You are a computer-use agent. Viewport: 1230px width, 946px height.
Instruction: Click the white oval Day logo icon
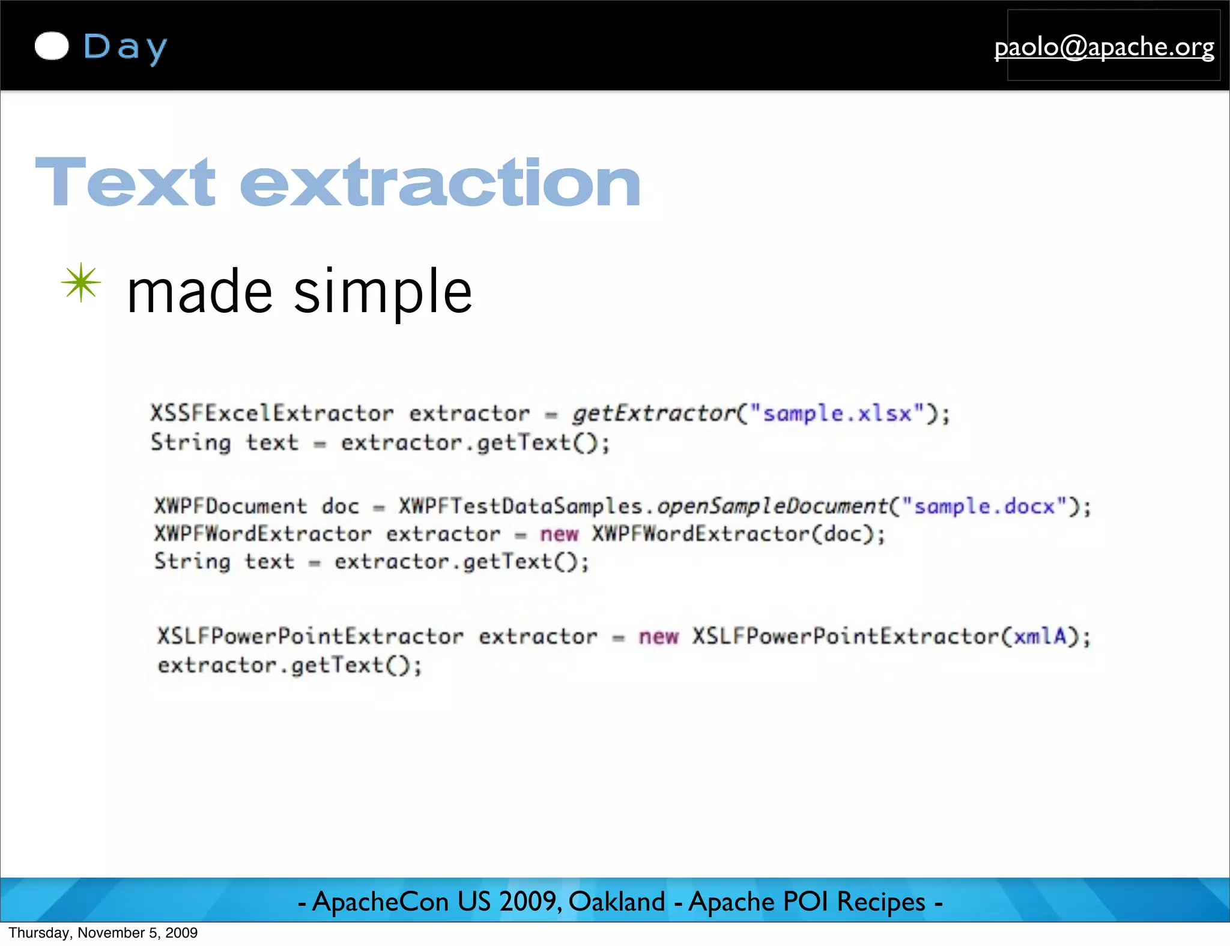(x=52, y=46)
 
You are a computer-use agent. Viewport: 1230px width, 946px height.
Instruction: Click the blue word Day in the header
(x=125, y=47)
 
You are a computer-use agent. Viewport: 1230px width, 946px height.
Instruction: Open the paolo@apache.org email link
(x=1104, y=47)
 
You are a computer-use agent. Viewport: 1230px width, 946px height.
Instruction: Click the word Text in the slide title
(x=125, y=182)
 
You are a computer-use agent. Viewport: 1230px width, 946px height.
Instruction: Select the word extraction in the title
(x=440, y=182)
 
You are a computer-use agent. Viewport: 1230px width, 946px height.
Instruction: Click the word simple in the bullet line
(x=383, y=292)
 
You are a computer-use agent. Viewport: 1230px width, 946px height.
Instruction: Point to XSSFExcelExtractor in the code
(x=271, y=413)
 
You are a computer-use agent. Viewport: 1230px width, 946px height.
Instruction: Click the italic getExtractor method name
(x=653, y=413)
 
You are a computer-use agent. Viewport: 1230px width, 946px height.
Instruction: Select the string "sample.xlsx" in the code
(x=837, y=413)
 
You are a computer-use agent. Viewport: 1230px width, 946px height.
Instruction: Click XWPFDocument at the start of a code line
(x=231, y=506)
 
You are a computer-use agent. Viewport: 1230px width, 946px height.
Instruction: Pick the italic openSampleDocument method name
(x=772, y=506)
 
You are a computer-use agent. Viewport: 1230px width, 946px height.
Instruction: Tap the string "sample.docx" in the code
(x=984, y=506)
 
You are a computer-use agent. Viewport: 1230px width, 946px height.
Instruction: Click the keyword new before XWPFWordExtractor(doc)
(x=559, y=534)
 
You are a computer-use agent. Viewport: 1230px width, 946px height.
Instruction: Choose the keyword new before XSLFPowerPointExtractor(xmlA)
(x=658, y=636)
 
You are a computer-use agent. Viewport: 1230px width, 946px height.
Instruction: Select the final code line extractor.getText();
(x=290, y=665)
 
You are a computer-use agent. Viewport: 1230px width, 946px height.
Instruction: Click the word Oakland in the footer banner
(x=616, y=902)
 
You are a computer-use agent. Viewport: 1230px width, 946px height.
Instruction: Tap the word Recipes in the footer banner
(x=880, y=902)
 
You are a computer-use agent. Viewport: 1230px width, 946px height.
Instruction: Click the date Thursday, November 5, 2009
(x=103, y=933)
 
